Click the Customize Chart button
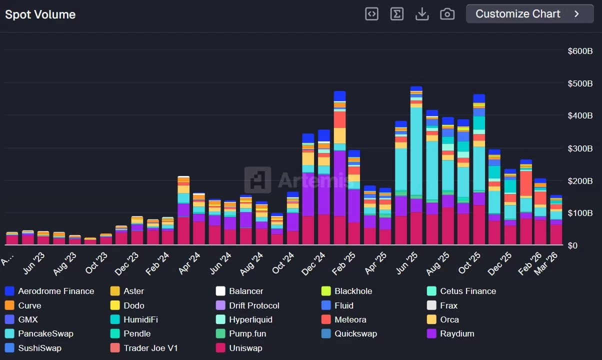[529, 14]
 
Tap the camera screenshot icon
[447, 14]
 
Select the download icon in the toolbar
[422, 14]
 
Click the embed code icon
[371, 14]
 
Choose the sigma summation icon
[396, 14]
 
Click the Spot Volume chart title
[40, 14]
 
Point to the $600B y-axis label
[580, 51]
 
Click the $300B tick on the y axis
[580, 148]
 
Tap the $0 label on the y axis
[573, 245]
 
